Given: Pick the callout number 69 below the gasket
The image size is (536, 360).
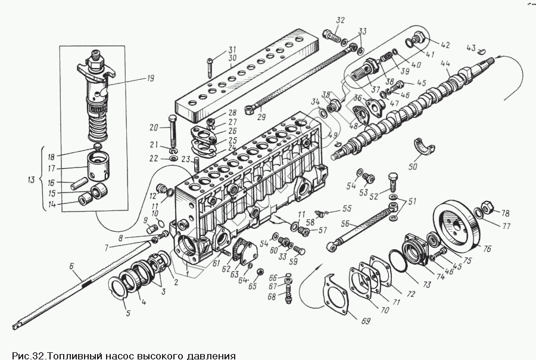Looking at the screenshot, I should coord(365,321).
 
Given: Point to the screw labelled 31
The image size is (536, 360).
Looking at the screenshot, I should coord(210,66).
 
